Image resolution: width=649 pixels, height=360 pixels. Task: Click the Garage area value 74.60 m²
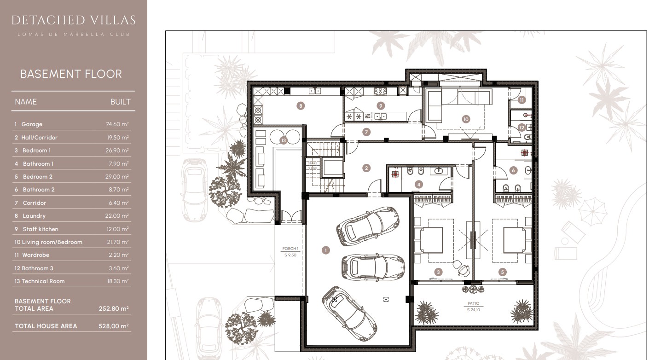(x=117, y=124)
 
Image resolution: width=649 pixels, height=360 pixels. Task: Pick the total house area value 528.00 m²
(x=114, y=326)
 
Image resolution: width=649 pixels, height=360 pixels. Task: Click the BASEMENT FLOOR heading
(x=71, y=74)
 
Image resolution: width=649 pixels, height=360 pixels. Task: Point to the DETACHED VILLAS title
(x=73, y=20)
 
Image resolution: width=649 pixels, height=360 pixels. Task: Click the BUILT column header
(x=120, y=102)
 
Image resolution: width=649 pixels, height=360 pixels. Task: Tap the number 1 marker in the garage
(x=326, y=250)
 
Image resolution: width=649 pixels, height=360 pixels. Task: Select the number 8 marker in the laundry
(x=301, y=106)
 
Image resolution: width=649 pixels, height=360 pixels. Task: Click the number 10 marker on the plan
(x=466, y=119)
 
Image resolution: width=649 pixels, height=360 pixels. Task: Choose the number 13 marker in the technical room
(x=283, y=140)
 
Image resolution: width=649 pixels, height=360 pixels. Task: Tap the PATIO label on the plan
(x=473, y=304)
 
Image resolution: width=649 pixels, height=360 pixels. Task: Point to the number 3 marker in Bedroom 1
(x=439, y=273)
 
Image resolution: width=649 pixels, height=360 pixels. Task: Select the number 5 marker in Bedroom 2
(x=503, y=273)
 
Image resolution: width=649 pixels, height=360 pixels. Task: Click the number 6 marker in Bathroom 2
(x=514, y=170)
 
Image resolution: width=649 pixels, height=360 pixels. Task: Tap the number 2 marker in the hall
(x=366, y=168)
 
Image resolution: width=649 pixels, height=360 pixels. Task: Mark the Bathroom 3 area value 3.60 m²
(x=117, y=268)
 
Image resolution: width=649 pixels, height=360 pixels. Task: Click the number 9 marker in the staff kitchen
(x=381, y=105)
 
